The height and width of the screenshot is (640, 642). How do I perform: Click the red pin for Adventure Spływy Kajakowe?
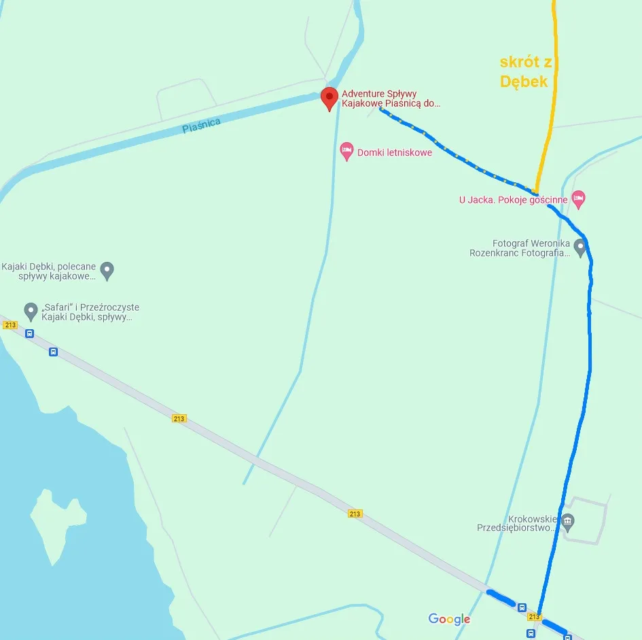tap(329, 98)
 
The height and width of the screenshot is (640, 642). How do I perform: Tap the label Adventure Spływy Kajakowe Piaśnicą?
tap(391, 99)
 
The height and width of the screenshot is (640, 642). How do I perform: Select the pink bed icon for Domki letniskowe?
tap(346, 151)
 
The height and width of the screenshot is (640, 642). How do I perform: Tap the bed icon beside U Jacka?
tap(578, 199)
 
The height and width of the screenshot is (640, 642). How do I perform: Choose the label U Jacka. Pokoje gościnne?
tap(513, 200)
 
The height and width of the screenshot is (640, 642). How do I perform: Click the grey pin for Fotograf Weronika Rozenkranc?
tap(579, 247)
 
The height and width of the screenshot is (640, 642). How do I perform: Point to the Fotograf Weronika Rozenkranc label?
tap(520, 248)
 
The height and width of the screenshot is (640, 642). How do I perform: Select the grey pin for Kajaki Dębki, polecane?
tap(107, 271)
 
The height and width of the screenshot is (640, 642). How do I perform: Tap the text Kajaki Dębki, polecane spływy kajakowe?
tap(50, 271)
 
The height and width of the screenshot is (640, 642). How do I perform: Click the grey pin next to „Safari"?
tap(31, 311)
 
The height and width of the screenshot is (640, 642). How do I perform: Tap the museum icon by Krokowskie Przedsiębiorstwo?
tap(568, 522)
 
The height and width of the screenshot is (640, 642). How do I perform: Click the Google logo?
tap(449, 619)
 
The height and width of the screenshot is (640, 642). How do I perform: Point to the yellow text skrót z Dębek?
tap(525, 71)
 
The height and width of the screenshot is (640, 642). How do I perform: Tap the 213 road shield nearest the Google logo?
tap(534, 617)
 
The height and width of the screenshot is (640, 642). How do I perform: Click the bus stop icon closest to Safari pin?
tap(30, 333)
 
